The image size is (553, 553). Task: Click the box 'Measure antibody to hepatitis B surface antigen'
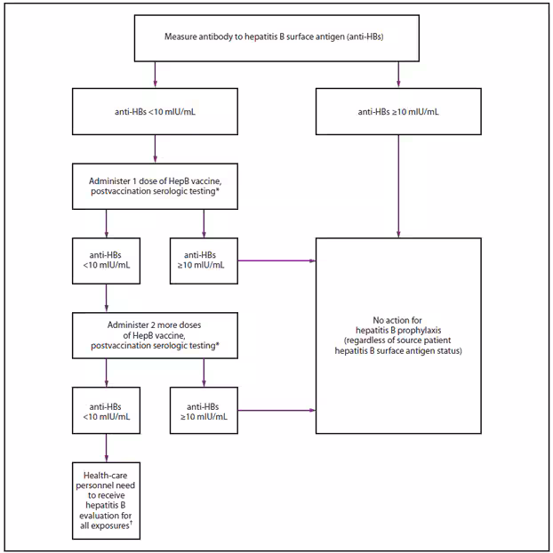[x=276, y=37]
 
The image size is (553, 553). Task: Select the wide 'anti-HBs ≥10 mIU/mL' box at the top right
[x=397, y=112]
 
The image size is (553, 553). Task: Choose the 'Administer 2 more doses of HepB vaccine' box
[x=155, y=333]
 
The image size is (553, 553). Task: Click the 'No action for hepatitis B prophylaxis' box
[x=397, y=335]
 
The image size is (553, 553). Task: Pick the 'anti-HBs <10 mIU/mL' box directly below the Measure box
[x=155, y=112]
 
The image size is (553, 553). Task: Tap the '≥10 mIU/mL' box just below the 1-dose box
[x=204, y=260]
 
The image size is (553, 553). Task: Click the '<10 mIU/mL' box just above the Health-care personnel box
[x=106, y=408]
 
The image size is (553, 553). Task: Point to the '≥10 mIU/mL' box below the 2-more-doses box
[x=204, y=408]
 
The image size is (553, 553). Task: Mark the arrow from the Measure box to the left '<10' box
[x=155, y=75]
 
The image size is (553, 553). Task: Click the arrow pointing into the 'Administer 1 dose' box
[x=155, y=148]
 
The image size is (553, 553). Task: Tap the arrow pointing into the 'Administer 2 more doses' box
[x=106, y=297]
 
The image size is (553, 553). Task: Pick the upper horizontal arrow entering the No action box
[x=276, y=260]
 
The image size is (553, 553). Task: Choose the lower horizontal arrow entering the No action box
[x=276, y=409]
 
